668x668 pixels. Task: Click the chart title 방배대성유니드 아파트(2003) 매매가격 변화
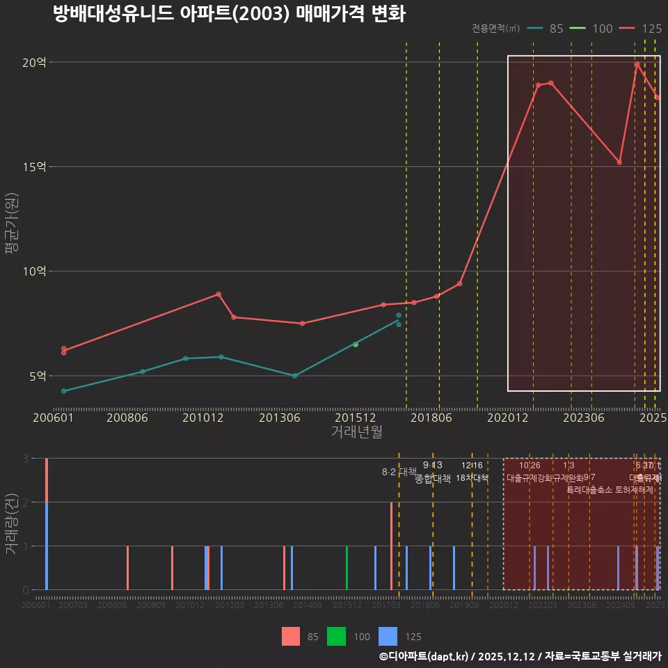229,14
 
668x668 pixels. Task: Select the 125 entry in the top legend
651,29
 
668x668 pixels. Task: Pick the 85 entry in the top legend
556,29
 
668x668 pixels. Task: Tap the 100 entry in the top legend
602,29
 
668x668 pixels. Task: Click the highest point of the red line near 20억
637,64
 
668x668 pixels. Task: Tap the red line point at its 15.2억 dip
619,162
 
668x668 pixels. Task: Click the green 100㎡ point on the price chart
356,344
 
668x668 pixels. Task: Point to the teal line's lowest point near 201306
295,376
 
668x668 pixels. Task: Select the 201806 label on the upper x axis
431,417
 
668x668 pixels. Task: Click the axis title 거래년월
356,432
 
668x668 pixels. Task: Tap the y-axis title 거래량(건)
11,524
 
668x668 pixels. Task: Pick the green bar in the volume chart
347,568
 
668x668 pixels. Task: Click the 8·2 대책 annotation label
399,472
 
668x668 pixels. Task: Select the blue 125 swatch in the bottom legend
388,636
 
